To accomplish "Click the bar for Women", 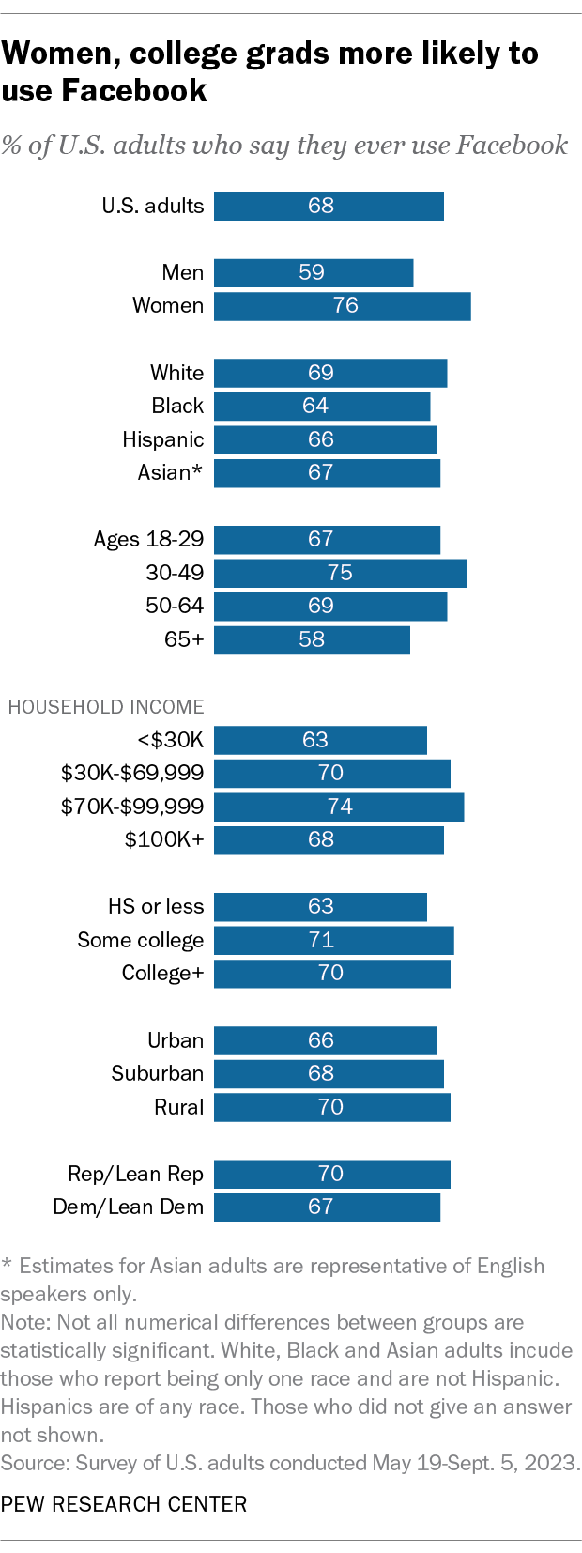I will (x=342, y=306).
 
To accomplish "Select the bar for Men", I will (x=314, y=272).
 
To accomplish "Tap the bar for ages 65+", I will (x=312, y=639).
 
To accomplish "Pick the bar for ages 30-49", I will (x=340, y=573).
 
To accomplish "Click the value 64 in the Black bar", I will (x=315, y=406).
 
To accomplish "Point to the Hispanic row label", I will (x=162, y=439).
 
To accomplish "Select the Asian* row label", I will (x=170, y=472).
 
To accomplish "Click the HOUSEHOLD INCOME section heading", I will (x=106, y=707).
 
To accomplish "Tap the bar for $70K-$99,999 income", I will (x=339, y=807).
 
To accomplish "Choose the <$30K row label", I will (x=170, y=740).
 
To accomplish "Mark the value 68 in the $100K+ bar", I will (x=321, y=839).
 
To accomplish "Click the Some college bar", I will (x=333, y=940).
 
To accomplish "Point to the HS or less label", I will (x=156, y=906).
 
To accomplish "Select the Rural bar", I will (x=331, y=1107).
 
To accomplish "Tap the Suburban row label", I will (x=157, y=1073).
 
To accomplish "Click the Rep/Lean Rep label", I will (x=135, y=1174).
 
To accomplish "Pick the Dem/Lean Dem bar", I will (x=327, y=1207).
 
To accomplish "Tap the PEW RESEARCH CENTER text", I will (x=124, y=1503).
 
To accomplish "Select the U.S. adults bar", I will (x=329, y=206).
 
